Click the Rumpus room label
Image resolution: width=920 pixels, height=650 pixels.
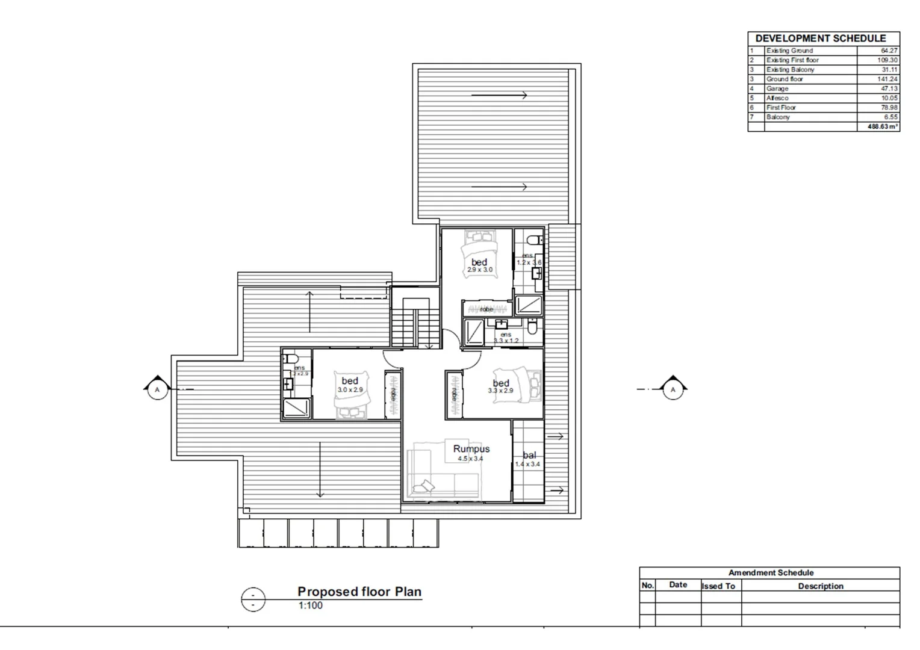(471, 449)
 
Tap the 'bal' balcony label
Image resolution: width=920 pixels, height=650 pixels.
(529, 456)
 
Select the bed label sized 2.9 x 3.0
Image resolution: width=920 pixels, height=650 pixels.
(479, 262)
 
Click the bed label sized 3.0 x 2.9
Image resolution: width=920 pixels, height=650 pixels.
(350, 381)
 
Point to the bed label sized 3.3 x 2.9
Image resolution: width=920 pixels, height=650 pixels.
(501, 383)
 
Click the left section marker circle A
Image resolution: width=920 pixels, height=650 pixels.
(158, 390)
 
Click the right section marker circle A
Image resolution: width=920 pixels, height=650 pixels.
(673, 390)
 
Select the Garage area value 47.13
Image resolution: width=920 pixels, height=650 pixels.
(889, 88)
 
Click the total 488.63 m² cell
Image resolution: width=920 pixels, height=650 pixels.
(882, 127)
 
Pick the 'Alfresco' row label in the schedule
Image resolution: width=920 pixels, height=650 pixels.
(777, 98)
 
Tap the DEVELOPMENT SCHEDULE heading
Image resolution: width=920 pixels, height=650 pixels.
(821, 39)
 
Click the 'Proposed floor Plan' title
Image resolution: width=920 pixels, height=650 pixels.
(359, 592)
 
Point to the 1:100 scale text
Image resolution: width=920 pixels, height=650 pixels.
(311, 605)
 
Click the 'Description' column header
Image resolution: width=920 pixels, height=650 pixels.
(820, 586)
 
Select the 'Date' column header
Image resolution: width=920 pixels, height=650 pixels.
(678, 585)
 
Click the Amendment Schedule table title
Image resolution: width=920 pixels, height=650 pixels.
(771, 573)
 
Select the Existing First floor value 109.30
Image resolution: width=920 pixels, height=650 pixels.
(887, 60)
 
